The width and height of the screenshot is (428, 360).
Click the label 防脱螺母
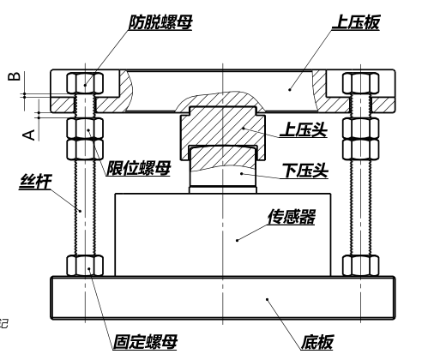(x=160, y=22)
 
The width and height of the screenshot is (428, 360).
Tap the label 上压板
(x=356, y=22)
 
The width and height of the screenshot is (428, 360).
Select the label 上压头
(x=304, y=130)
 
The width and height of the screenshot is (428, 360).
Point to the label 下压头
(x=305, y=171)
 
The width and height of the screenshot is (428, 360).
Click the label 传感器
(x=292, y=217)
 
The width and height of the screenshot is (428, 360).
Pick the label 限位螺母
(x=139, y=168)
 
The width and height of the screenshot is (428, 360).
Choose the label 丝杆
(x=35, y=182)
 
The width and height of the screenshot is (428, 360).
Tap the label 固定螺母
(x=145, y=342)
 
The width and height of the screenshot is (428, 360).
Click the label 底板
(x=317, y=342)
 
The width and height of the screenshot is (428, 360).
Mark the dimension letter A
(x=29, y=135)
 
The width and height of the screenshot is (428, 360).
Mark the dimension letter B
(x=15, y=76)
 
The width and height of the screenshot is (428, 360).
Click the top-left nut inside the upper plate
(x=85, y=83)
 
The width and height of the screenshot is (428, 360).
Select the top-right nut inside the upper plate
(x=361, y=83)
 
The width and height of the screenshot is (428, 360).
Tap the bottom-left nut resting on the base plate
(x=85, y=266)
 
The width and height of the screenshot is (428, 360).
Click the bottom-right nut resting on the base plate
(x=361, y=266)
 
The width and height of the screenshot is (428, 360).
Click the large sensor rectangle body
(x=223, y=235)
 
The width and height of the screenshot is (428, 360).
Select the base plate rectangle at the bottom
(x=223, y=297)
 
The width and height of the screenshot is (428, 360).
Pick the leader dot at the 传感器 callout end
(x=237, y=240)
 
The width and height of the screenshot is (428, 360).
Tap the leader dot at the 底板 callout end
(x=267, y=299)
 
